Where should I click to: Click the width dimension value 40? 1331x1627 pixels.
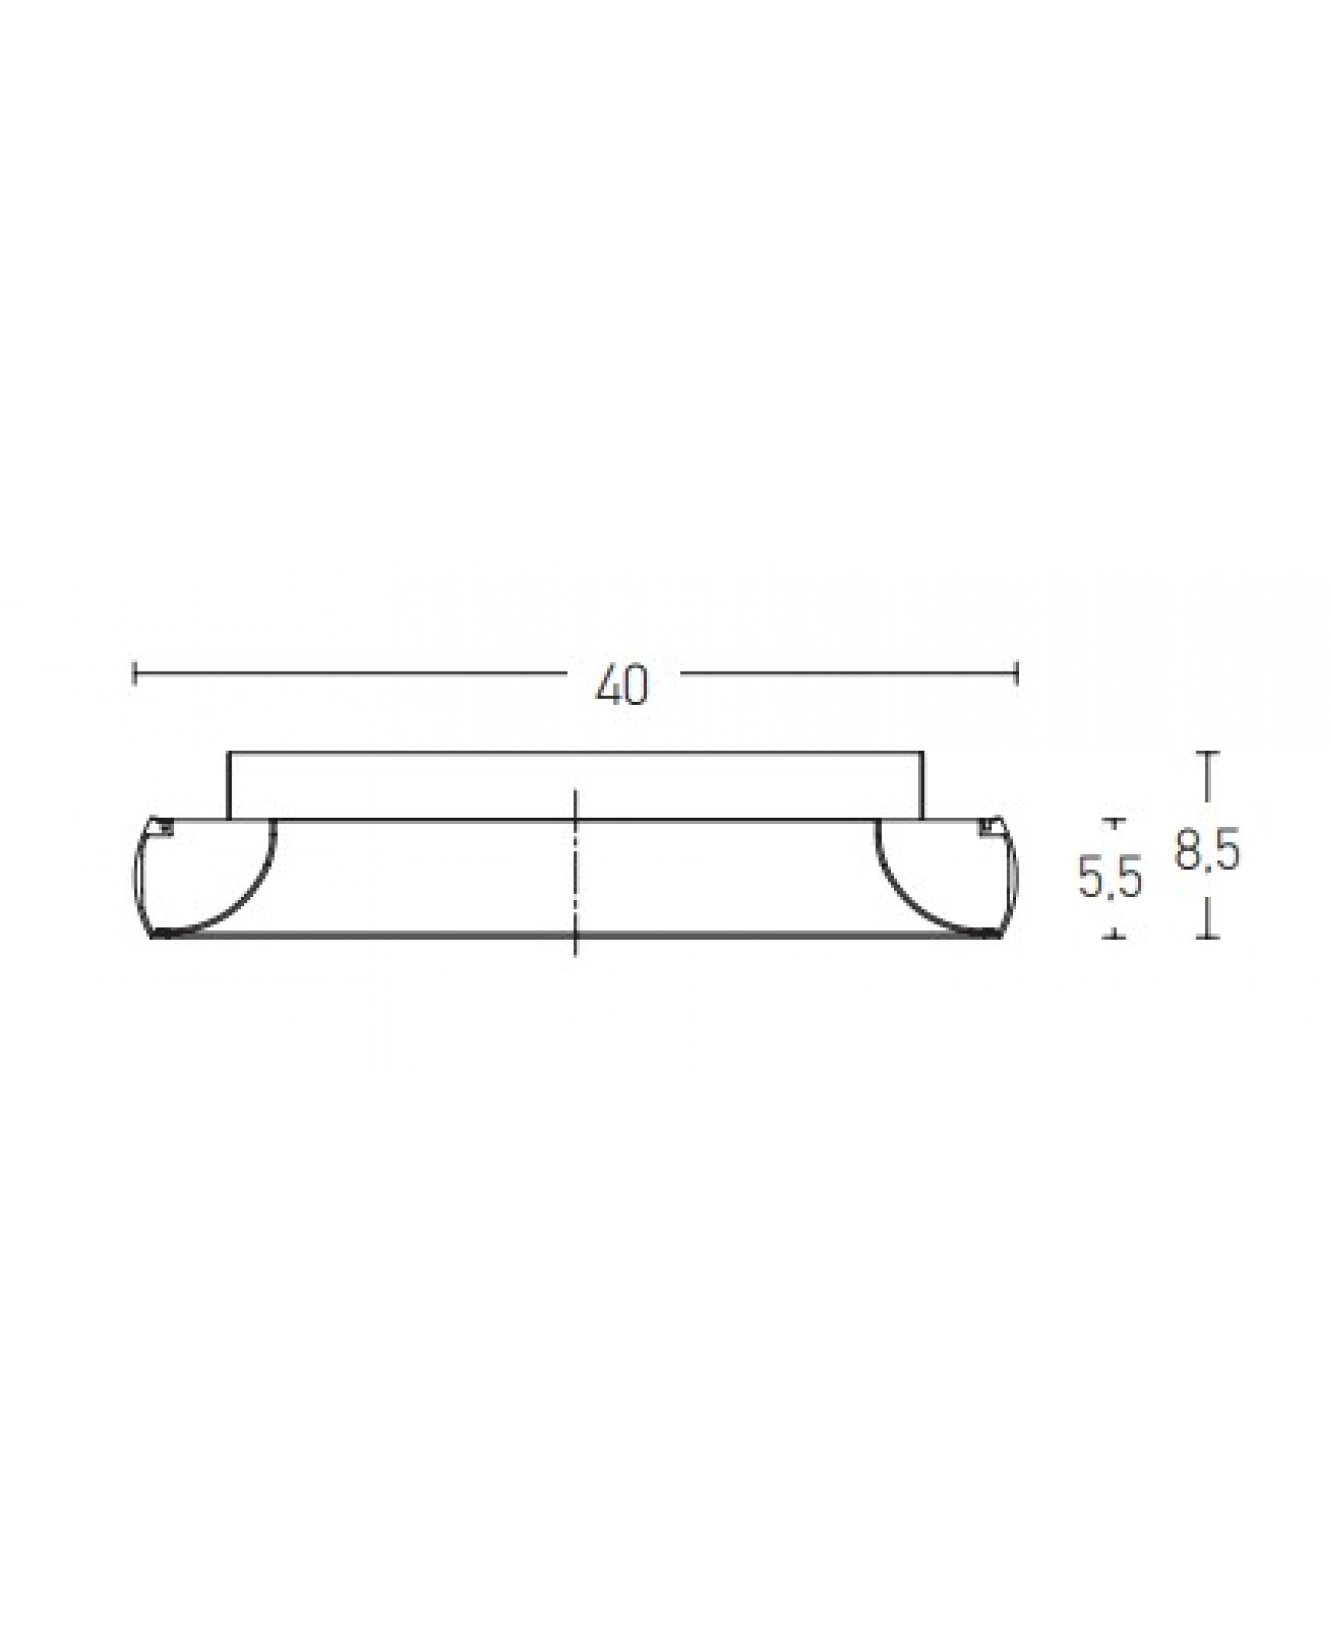pos(622,686)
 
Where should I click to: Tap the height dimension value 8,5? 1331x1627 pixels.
pos(1208,850)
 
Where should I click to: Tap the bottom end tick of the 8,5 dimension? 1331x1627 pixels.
pos(1208,937)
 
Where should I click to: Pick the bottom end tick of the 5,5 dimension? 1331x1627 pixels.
pos(1114,936)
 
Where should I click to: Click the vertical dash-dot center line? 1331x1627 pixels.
pos(576,873)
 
